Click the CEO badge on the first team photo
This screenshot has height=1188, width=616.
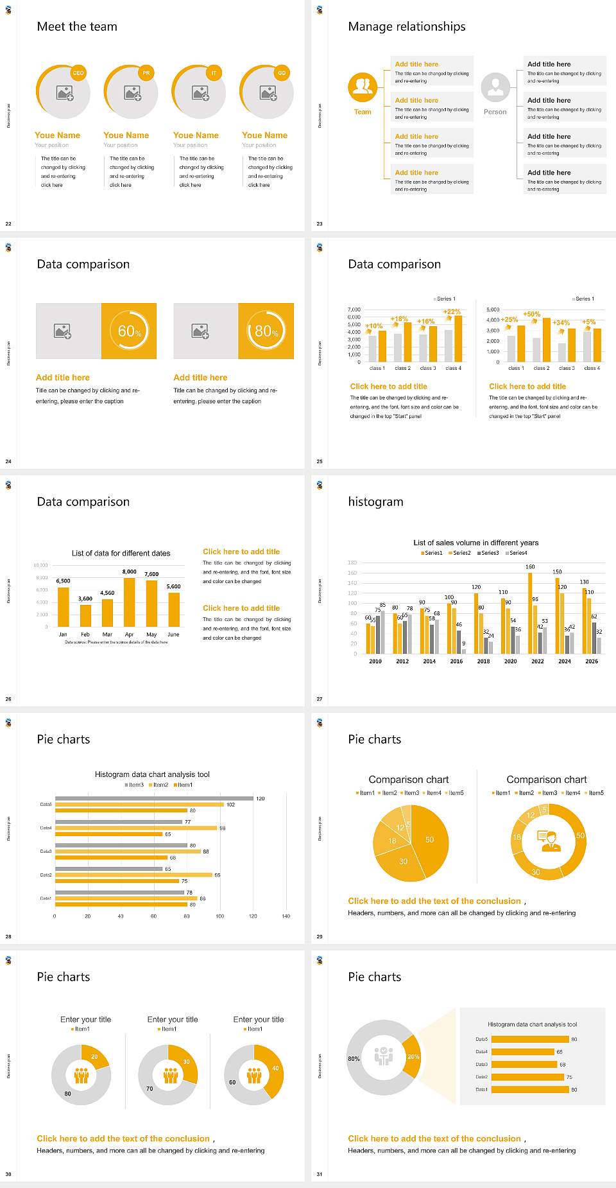78,73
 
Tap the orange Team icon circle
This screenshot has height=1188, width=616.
363,87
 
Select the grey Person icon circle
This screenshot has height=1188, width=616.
495,87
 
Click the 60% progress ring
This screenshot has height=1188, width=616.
129,331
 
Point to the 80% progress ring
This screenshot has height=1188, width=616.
266,331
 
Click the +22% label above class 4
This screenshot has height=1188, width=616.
452,312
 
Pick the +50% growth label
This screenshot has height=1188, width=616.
532,314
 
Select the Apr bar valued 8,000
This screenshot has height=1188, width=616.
130,602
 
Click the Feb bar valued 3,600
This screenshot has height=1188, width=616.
85,615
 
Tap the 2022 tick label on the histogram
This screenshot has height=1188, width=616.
538,661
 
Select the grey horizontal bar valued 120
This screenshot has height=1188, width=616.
154,798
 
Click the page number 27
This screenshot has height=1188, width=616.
320,699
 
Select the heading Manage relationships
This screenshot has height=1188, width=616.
407,26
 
